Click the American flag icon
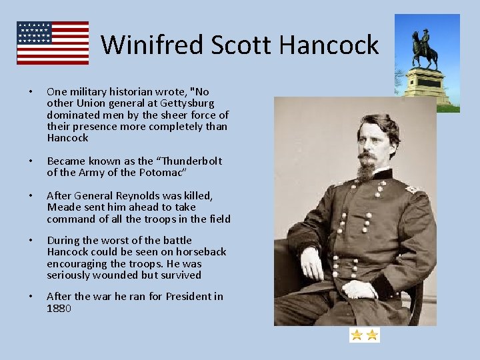(53, 43)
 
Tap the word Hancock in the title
(329, 45)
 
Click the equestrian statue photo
(427, 60)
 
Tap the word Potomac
(160, 173)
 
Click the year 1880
(59, 308)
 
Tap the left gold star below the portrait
(357, 335)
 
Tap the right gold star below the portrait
(372, 335)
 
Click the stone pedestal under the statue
(427, 85)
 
